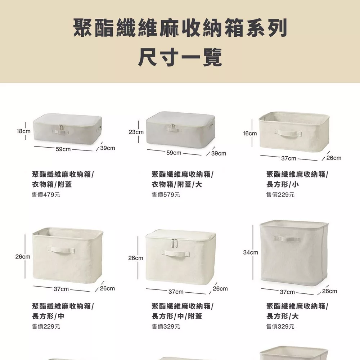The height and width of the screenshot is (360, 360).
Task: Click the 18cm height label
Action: (x=23, y=131)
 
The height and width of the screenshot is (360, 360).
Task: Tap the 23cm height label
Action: (x=136, y=132)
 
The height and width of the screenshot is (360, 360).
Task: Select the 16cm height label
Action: (x=250, y=134)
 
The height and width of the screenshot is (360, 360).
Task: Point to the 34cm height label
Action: (x=251, y=252)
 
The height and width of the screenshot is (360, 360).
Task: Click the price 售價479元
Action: (x=46, y=195)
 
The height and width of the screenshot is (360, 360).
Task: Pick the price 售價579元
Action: (x=166, y=195)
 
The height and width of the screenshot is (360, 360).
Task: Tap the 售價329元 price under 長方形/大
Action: (x=280, y=326)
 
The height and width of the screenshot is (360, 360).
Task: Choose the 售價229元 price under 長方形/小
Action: (x=280, y=195)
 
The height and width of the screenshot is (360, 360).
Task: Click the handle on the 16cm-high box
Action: (x=288, y=134)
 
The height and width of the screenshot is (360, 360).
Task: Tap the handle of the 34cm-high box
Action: (x=287, y=239)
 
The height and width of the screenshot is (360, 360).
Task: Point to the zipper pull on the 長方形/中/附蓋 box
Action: (x=174, y=243)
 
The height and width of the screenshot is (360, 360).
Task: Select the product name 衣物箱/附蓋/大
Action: (x=177, y=184)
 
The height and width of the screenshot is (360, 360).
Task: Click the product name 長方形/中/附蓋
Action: (x=177, y=316)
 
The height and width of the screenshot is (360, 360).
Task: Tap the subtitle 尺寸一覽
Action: (x=180, y=57)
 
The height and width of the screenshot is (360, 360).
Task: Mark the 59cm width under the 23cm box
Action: (x=174, y=153)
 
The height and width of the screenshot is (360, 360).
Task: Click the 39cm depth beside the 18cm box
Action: (x=107, y=148)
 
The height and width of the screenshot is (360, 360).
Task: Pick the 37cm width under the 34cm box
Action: (x=287, y=292)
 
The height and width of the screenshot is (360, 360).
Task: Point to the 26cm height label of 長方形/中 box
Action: (x=23, y=256)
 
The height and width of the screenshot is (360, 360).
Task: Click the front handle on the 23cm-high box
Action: (x=174, y=129)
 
